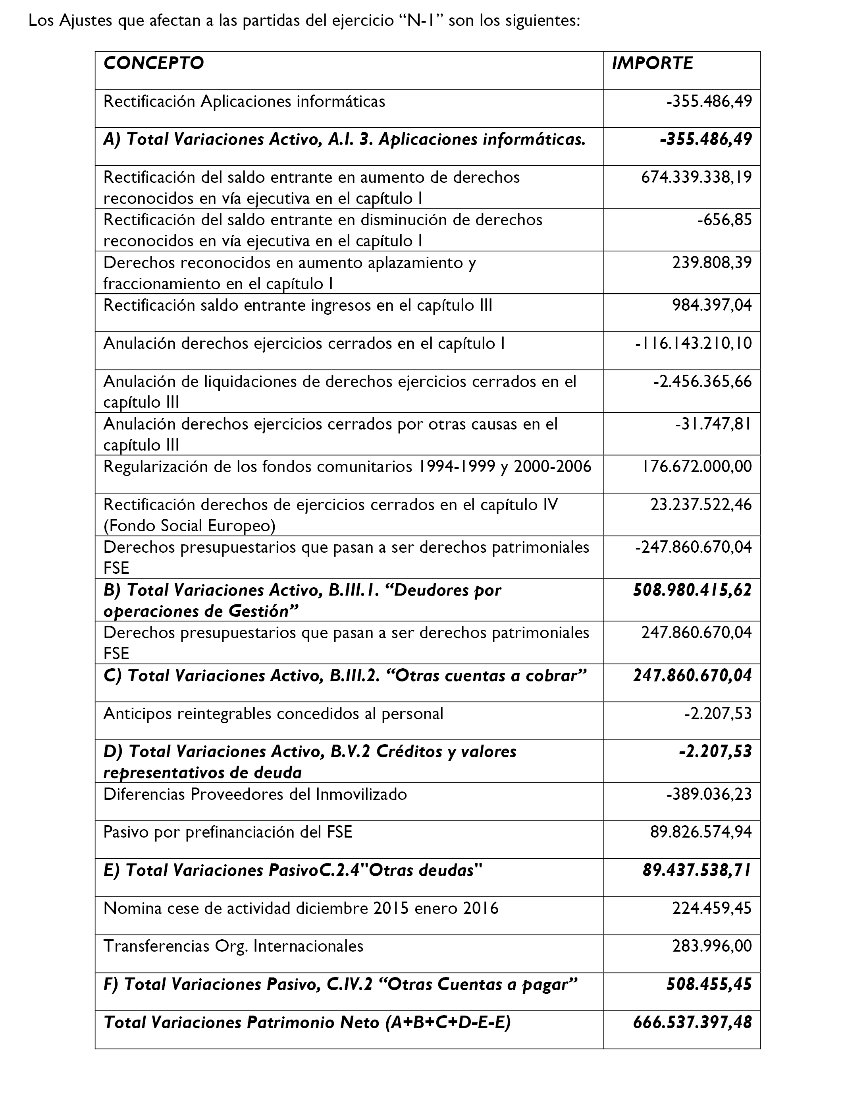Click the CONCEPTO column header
(x=153, y=63)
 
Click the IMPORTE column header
(x=652, y=63)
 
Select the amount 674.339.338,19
(x=696, y=178)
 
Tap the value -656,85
(x=724, y=220)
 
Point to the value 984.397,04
(x=712, y=306)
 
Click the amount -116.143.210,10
(x=693, y=343)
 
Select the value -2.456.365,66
(x=702, y=381)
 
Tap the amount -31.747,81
(x=713, y=424)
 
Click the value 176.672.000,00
(x=696, y=466)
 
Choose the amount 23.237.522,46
(x=701, y=505)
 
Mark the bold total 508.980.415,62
(x=692, y=590)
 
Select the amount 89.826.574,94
(x=701, y=832)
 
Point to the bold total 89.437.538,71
(x=697, y=870)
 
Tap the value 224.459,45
(x=712, y=908)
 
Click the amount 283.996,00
(x=712, y=946)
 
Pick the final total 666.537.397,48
(x=692, y=1023)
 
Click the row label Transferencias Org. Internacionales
(x=233, y=946)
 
